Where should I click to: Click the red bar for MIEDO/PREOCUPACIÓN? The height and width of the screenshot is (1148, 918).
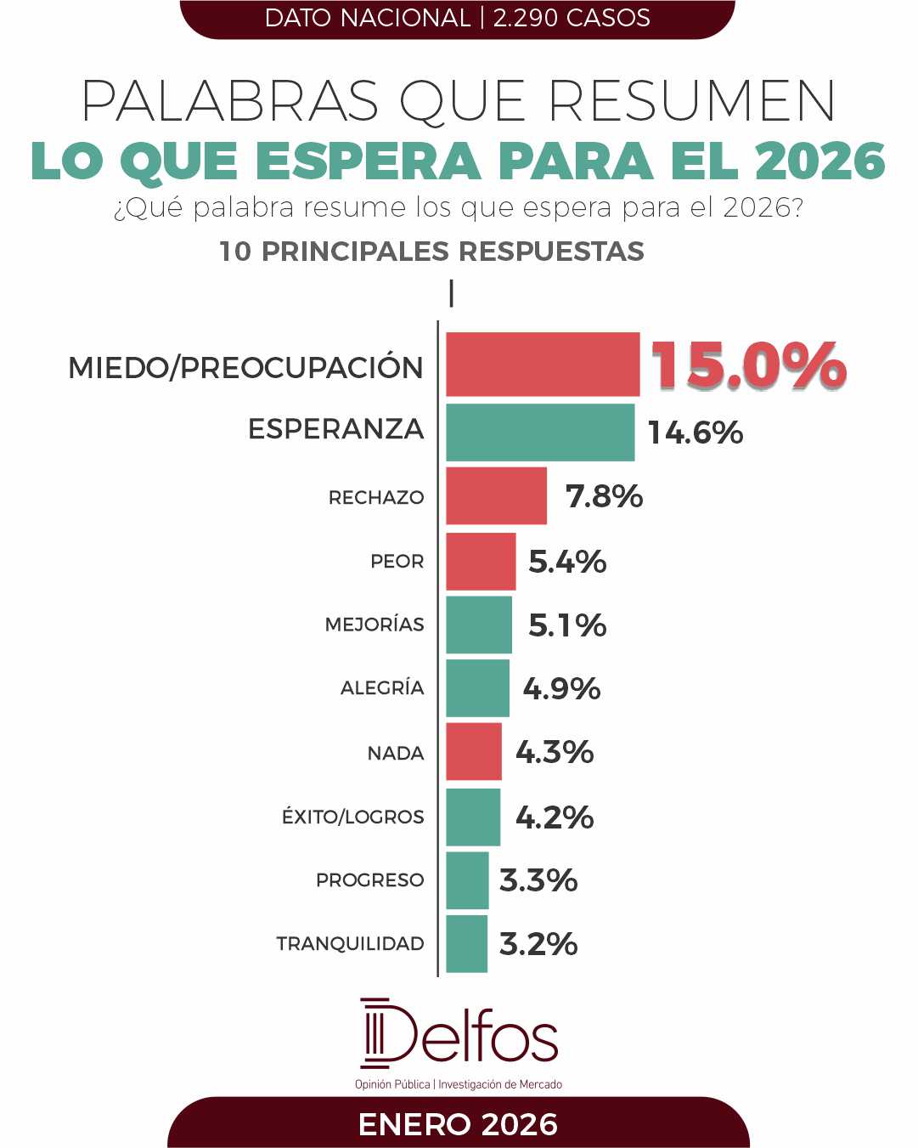pyautogui.click(x=543, y=365)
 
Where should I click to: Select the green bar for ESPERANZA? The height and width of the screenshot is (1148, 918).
pyautogui.click(x=540, y=433)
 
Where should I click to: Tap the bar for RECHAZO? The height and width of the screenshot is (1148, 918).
pyautogui.click(x=497, y=495)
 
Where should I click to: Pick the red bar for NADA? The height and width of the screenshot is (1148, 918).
pyautogui.click(x=474, y=752)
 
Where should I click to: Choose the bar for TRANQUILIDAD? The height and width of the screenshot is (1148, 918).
pyautogui.click(x=467, y=943)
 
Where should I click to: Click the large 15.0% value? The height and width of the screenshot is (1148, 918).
pyautogui.click(x=748, y=365)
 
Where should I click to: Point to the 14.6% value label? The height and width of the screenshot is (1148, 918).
pyautogui.click(x=696, y=433)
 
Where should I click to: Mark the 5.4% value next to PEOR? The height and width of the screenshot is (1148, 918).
pyautogui.click(x=567, y=562)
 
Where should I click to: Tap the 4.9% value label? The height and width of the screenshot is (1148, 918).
pyautogui.click(x=561, y=688)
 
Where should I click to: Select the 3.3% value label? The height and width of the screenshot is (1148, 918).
pyautogui.click(x=538, y=880)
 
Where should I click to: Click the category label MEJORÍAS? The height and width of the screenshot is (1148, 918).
pyautogui.click(x=375, y=625)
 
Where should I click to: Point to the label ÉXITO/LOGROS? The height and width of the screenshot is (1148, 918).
pyautogui.click(x=352, y=817)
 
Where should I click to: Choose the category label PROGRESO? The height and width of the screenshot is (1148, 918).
pyautogui.click(x=369, y=880)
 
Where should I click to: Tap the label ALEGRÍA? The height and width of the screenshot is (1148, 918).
pyautogui.click(x=382, y=688)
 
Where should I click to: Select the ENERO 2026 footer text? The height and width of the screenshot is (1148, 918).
pyautogui.click(x=459, y=1124)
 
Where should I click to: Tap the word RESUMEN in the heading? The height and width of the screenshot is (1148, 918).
pyautogui.click(x=692, y=102)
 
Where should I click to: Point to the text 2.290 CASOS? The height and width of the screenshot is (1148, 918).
pyautogui.click(x=572, y=18)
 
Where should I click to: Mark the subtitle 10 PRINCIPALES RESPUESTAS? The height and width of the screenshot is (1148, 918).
pyautogui.click(x=431, y=252)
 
